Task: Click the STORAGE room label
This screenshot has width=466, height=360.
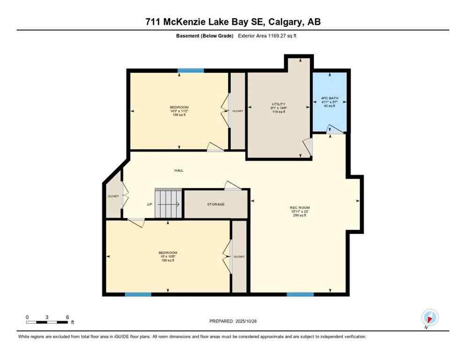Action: pos(216,204)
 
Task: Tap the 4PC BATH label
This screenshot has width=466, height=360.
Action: pos(330,98)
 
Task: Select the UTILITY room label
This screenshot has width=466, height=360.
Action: pos(278,104)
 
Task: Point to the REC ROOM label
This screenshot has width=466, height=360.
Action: pos(300,208)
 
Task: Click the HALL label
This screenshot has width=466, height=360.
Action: pos(179,170)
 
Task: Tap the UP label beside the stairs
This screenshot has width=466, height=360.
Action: pos(149,204)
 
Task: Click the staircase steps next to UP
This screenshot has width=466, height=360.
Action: pos(168,204)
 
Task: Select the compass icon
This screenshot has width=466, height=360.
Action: pos(429,317)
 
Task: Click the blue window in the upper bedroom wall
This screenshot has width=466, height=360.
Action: pos(190,71)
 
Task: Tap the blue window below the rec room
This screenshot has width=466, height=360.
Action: pos(300,294)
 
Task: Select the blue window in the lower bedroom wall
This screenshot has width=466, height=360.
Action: pos(138,294)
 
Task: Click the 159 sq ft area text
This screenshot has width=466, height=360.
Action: pos(179,115)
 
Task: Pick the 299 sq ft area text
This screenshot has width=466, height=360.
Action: pos(300,216)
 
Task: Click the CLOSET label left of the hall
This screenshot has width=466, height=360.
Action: pos(113,196)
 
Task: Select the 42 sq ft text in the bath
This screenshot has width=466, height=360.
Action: pos(330,106)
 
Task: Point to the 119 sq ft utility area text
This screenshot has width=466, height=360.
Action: pos(278,112)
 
